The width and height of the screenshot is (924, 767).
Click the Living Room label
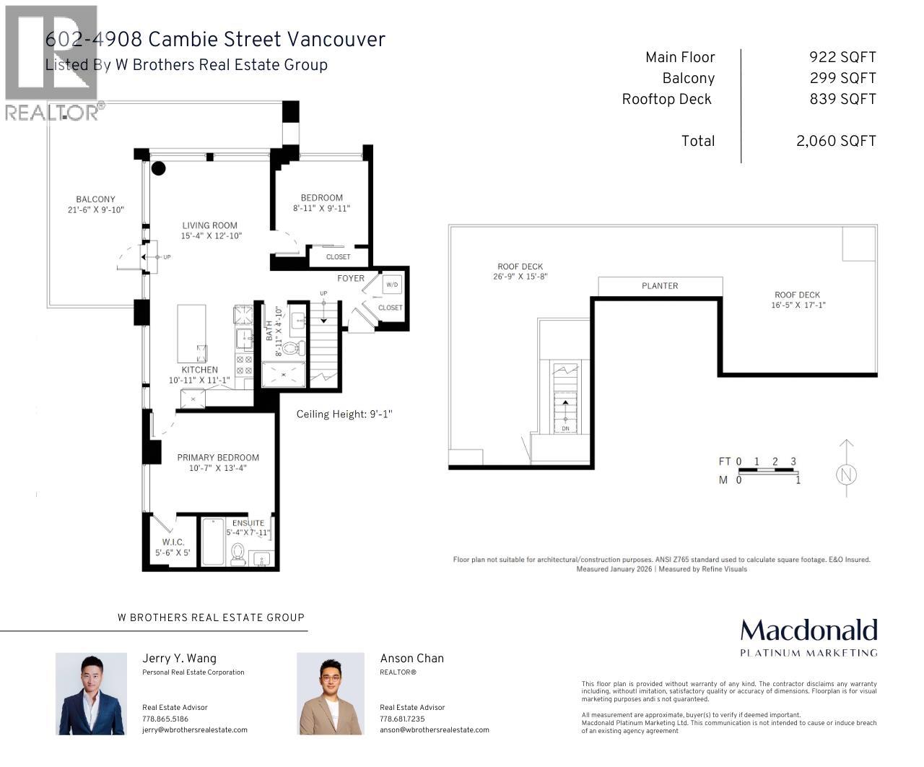(x=209, y=225)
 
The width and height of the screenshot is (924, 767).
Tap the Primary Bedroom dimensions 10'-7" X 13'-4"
(x=217, y=468)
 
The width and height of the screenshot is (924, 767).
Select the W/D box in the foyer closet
(x=392, y=285)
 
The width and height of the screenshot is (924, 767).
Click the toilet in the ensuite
(x=238, y=554)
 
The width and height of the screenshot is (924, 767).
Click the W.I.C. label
(x=173, y=542)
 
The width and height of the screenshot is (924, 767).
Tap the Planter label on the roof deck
(x=660, y=286)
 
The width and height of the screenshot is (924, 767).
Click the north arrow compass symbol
(x=847, y=474)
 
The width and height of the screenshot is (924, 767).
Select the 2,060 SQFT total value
(x=836, y=142)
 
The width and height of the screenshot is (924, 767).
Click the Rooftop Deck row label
(x=666, y=100)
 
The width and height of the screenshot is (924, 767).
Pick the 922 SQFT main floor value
(x=842, y=58)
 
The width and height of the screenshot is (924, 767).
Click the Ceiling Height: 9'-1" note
(x=344, y=415)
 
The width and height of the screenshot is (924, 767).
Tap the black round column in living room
(x=158, y=169)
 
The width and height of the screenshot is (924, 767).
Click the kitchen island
(x=192, y=334)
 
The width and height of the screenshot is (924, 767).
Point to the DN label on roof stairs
(x=565, y=428)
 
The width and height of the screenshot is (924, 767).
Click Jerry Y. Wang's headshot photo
(x=91, y=693)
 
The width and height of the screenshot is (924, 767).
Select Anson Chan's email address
(x=434, y=730)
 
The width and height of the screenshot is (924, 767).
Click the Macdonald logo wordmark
(x=808, y=630)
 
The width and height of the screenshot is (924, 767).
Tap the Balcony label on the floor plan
(x=95, y=199)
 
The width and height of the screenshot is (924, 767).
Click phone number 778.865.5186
(x=165, y=719)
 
